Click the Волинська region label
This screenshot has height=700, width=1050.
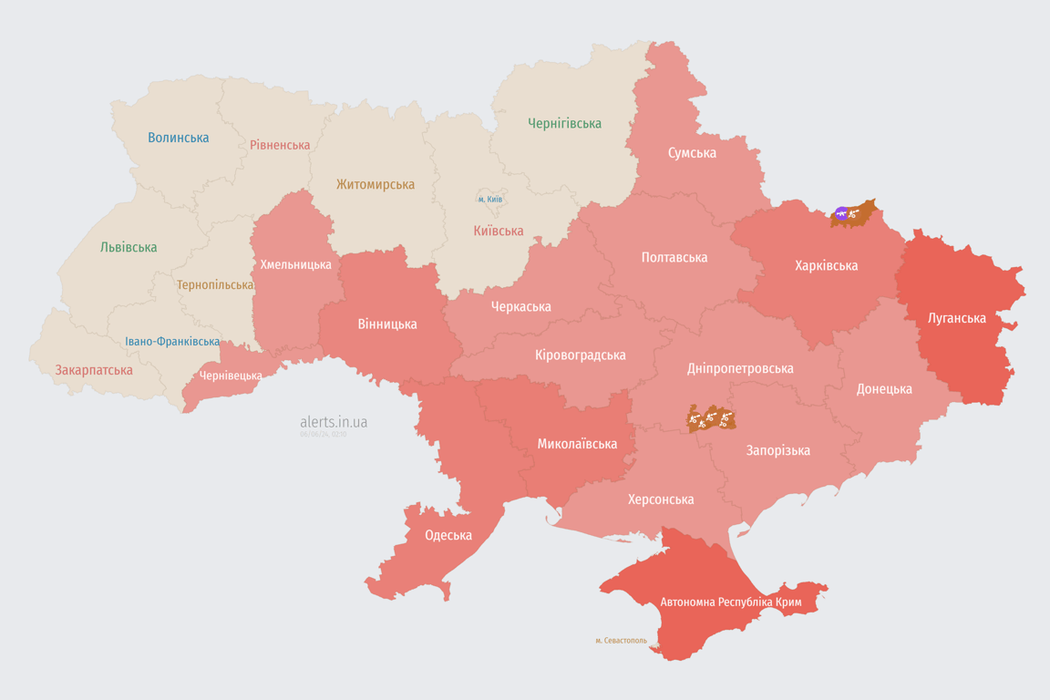178,138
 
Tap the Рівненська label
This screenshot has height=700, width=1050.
280,145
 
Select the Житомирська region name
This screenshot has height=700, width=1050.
375,184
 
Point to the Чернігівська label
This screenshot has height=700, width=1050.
564,123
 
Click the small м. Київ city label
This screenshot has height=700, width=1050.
489,199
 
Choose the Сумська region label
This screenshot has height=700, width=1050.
691,152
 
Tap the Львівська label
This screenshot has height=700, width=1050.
129,247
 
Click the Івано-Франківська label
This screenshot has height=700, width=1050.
172,342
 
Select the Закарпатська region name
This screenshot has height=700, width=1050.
94,370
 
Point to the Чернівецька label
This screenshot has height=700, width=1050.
231,376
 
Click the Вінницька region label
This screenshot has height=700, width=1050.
387,324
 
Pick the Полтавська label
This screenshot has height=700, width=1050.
674,257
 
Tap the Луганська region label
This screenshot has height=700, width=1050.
956,318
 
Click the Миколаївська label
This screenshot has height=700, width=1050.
577,444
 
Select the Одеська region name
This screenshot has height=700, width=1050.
448,535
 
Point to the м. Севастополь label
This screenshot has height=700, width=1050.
621,641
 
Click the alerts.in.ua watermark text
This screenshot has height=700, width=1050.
334,422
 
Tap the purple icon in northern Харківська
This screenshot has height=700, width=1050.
841,214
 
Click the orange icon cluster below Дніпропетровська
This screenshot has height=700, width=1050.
711,419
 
